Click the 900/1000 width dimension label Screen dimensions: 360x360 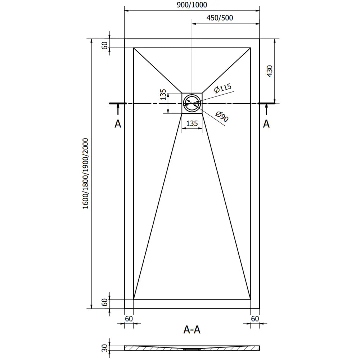click(x=192, y=5)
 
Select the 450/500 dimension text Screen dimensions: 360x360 click(x=219, y=18)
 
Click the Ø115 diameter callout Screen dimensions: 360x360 click(x=222, y=89)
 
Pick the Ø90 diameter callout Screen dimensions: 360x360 click(x=222, y=117)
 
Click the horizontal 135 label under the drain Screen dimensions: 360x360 click(x=192, y=123)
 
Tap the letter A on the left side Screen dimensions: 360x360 click(x=118, y=124)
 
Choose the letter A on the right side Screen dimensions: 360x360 click(x=266, y=124)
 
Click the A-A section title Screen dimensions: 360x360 click(x=192, y=329)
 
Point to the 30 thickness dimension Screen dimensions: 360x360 click(x=105, y=348)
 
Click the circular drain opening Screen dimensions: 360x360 click(x=192, y=103)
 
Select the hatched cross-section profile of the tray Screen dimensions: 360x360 click(x=192, y=348)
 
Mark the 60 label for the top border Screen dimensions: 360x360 click(x=105, y=46)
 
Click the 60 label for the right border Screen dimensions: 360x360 click(x=255, y=318)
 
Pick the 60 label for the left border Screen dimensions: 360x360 click(x=129, y=318)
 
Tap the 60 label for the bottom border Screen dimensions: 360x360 click(x=105, y=302)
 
